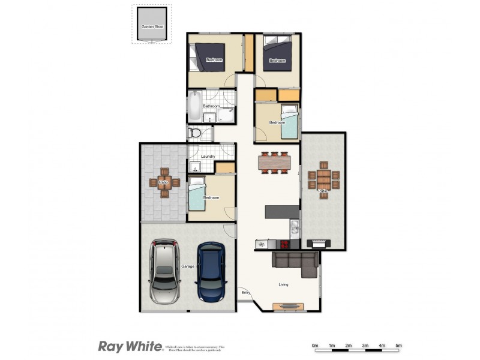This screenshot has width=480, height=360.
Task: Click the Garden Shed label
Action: [152, 27]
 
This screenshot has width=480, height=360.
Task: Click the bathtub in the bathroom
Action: [194, 107]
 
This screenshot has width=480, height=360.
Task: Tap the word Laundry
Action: [208, 157]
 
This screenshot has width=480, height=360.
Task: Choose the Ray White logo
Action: [130, 346]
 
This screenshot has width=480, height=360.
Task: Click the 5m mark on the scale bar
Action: [398, 346]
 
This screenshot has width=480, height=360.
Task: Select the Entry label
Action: [245, 292]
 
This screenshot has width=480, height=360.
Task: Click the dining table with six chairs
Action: [274, 162]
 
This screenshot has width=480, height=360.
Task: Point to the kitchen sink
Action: [294, 227]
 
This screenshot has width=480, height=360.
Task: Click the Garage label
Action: [187, 266]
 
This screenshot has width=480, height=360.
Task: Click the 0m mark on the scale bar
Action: [314, 346]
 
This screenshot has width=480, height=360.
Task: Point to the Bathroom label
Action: [211, 107]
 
